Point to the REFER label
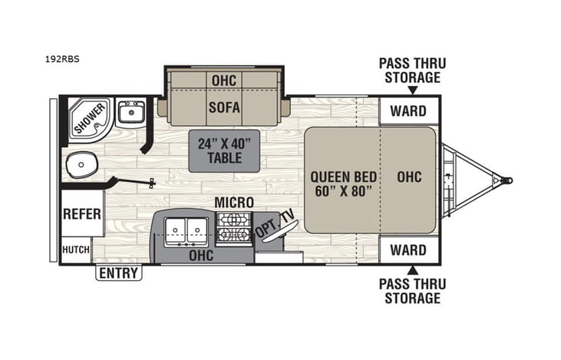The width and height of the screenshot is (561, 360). pyautogui.click(x=82, y=213)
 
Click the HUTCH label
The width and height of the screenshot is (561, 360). pyautogui.click(x=76, y=249)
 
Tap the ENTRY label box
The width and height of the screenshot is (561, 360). pyautogui.click(x=119, y=272)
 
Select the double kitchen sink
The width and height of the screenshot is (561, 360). pyautogui.click(x=186, y=229)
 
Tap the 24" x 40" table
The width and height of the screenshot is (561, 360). pyautogui.click(x=224, y=150)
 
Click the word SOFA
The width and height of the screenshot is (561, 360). pyautogui.click(x=224, y=108)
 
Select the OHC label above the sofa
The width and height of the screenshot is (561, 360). pyautogui.click(x=224, y=81)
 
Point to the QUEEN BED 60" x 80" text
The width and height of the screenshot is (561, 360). pyautogui.click(x=342, y=182)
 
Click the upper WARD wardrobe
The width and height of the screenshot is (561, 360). pyautogui.click(x=408, y=111)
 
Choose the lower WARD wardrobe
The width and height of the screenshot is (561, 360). pyautogui.click(x=408, y=249)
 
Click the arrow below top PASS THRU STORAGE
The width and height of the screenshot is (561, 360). pyautogui.click(x=413, y=89)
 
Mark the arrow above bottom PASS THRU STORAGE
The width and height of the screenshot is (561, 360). pyautogui.click(x=413, y=269)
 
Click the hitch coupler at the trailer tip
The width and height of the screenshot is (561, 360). pyautogui.click(x=507, y=181)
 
